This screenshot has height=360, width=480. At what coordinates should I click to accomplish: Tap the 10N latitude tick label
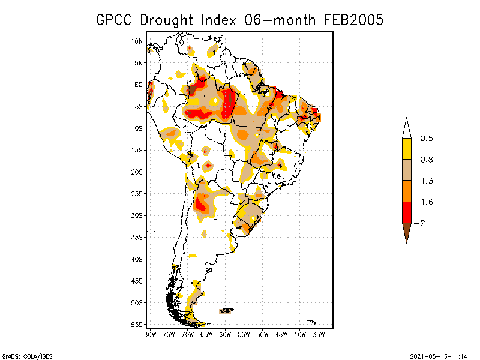coord(137,41)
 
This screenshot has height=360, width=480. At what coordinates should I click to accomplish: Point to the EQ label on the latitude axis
coord(139,85)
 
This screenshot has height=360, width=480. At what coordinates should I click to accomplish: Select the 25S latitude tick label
coord(137,194)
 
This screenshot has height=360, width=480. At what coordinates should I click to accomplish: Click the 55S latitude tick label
coord(137,325)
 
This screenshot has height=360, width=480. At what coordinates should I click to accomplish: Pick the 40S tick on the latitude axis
coord(137,259)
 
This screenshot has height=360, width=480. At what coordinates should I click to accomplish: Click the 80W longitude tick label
coord(150,335)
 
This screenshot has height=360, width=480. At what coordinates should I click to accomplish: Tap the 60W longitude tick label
coord(225,335)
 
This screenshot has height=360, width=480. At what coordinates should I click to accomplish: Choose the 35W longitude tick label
coord(319,335)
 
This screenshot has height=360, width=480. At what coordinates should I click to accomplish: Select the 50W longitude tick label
coord(262,335)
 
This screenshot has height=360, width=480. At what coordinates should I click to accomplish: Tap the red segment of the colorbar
coord(406,212)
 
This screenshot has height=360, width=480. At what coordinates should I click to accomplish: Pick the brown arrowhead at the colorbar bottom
coord(406,231)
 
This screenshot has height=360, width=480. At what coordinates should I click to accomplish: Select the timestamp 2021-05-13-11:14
coord(439,355)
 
